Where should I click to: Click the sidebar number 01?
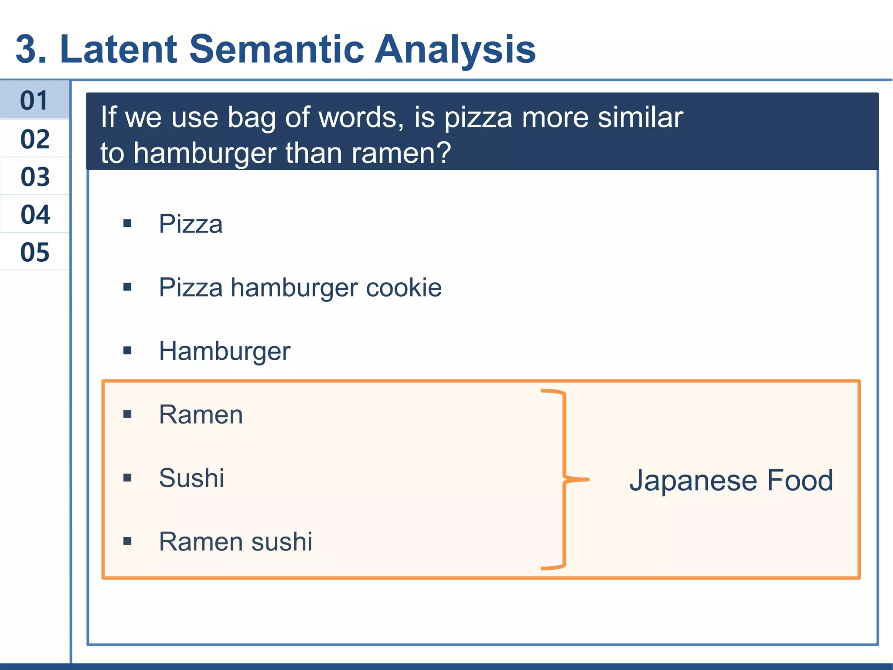pyautogui.click(x=34, y=101)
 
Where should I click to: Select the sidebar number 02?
pyautogui.click(x=35, y=139)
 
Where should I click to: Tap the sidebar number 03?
pyautogui.click(x=35, y=177)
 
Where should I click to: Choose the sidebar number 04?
pyautogui.click(x=35, y=215)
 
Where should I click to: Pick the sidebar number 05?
pyautogui.click(x=35, y=252)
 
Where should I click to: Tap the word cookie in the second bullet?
pyautogui.click(x=403, y=287)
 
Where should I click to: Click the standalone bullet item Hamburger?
pyautogui.click(x=224, y=352)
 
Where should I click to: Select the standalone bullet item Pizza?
pyautogui.click(x=191, y=224)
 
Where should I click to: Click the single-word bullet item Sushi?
pyautogui.click(x=191, y=478)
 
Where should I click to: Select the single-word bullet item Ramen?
pyautogui.click(x=201, y=414)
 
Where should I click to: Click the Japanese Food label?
pyautogui.click(x=731, y=480)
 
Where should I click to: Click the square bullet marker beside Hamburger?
pyautogui.click(x=127, y=351)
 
